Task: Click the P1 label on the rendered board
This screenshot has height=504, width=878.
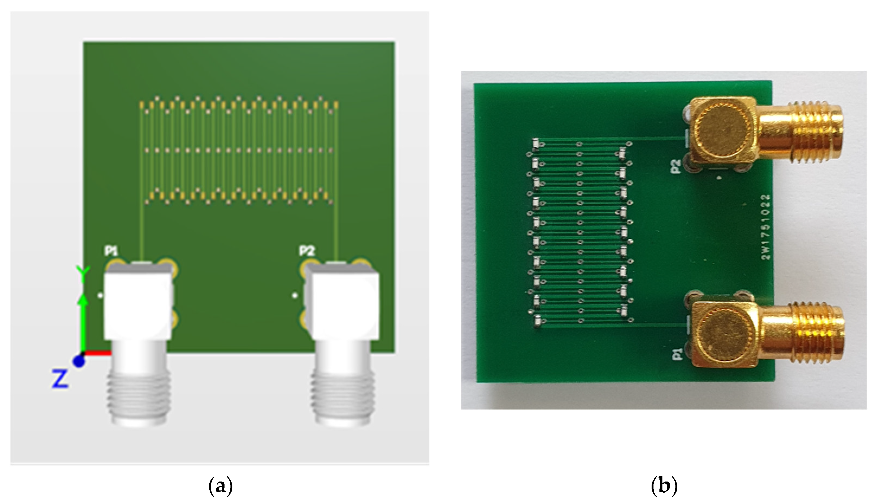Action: (111, 251)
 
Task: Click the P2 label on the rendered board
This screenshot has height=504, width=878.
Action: (307, 251)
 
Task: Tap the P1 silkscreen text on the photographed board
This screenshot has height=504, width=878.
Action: (677, 355)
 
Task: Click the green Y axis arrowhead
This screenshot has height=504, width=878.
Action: (82, 298)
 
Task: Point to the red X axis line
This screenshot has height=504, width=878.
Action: (98, 353)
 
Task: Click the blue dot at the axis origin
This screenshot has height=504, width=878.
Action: (79, 362)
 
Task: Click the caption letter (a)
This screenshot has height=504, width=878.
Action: (220, 486)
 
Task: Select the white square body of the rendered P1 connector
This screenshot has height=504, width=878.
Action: (138, 305)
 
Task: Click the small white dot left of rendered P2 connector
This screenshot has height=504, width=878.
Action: (294, 295)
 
